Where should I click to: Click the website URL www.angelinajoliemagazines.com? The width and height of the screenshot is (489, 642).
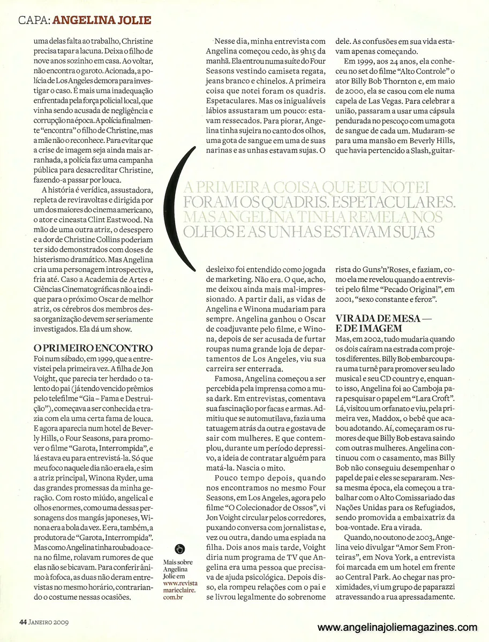pos(397,628)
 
